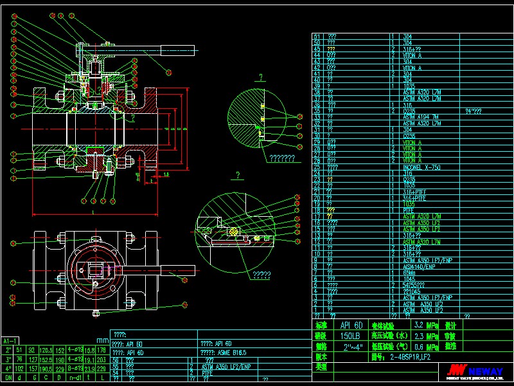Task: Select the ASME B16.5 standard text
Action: [220, 353]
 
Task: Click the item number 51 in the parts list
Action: [316, 37]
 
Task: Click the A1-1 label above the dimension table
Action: [10, 340]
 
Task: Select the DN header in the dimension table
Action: [9, 377]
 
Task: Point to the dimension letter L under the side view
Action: [93, 210]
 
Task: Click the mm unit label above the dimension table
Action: [102, 340]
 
